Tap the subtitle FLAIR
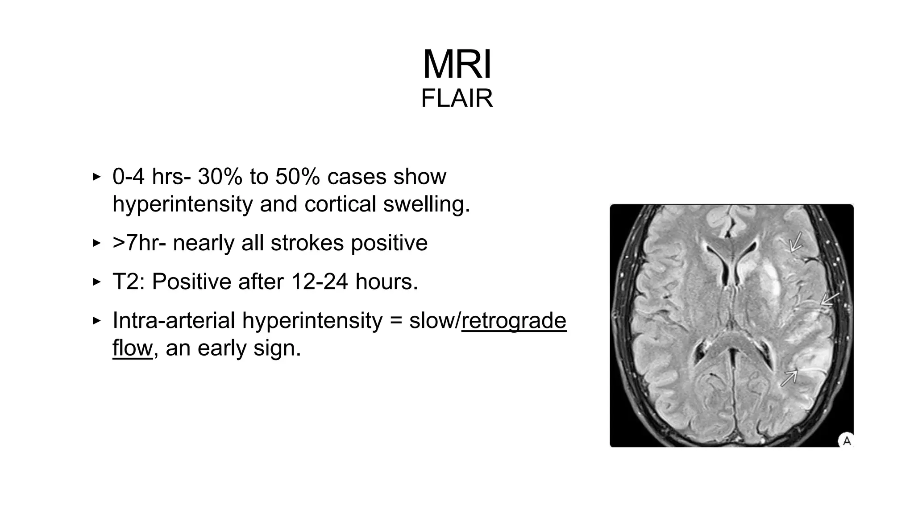click(x=457, y=99)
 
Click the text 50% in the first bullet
click(x=297, y=177)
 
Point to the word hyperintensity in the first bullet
click(x=182, y=204)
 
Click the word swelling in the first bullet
click(x=426, y=204)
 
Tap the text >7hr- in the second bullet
click(x=138, y=243)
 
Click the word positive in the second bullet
click(x=389, y=243)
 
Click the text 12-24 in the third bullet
click(x=319, y=282)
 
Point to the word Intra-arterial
click(x=174, y=321)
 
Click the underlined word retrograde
click(x=514, y=321)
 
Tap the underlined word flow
click(x=132, y=348)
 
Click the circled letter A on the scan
click(x=846, y=441)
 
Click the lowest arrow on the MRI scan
click(x=789, y=378)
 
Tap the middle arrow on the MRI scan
click(x=829, y=299)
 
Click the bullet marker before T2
click(x=96, y=282)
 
